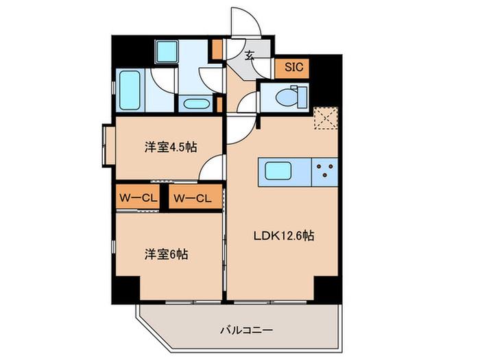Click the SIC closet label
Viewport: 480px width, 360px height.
pyautogui.click(x=293, y=67)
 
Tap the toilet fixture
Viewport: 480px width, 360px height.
pyautogui.click(x=291, y=97)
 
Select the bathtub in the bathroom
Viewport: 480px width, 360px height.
pyautogui.click(x=130, y=91)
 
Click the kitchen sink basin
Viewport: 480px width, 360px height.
pyautogui.click(x=278, y=171)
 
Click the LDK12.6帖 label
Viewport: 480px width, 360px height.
pyautogui.click(x=284, y=236)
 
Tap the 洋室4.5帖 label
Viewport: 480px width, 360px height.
pyautogui.click(x=171, y=147)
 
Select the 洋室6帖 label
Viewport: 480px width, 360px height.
pyautogui.click(x=166, y=254)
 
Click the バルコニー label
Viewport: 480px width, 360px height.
pyautogui.click(x=246, y=331)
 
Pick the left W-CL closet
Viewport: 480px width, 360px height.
pyautogui.click(x=138, y=198)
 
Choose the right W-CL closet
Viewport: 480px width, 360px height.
pyautogui.click(x=195, y=198)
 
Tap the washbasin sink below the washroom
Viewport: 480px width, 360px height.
pyautogui.click(x=196, y=104)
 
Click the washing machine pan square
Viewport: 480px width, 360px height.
pyautogui.click(x=167, y=51)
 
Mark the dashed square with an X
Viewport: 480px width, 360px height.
pyautogui.click(x=326, y=118)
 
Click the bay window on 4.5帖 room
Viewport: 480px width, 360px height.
pyautogui.click(x=107, y=145)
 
